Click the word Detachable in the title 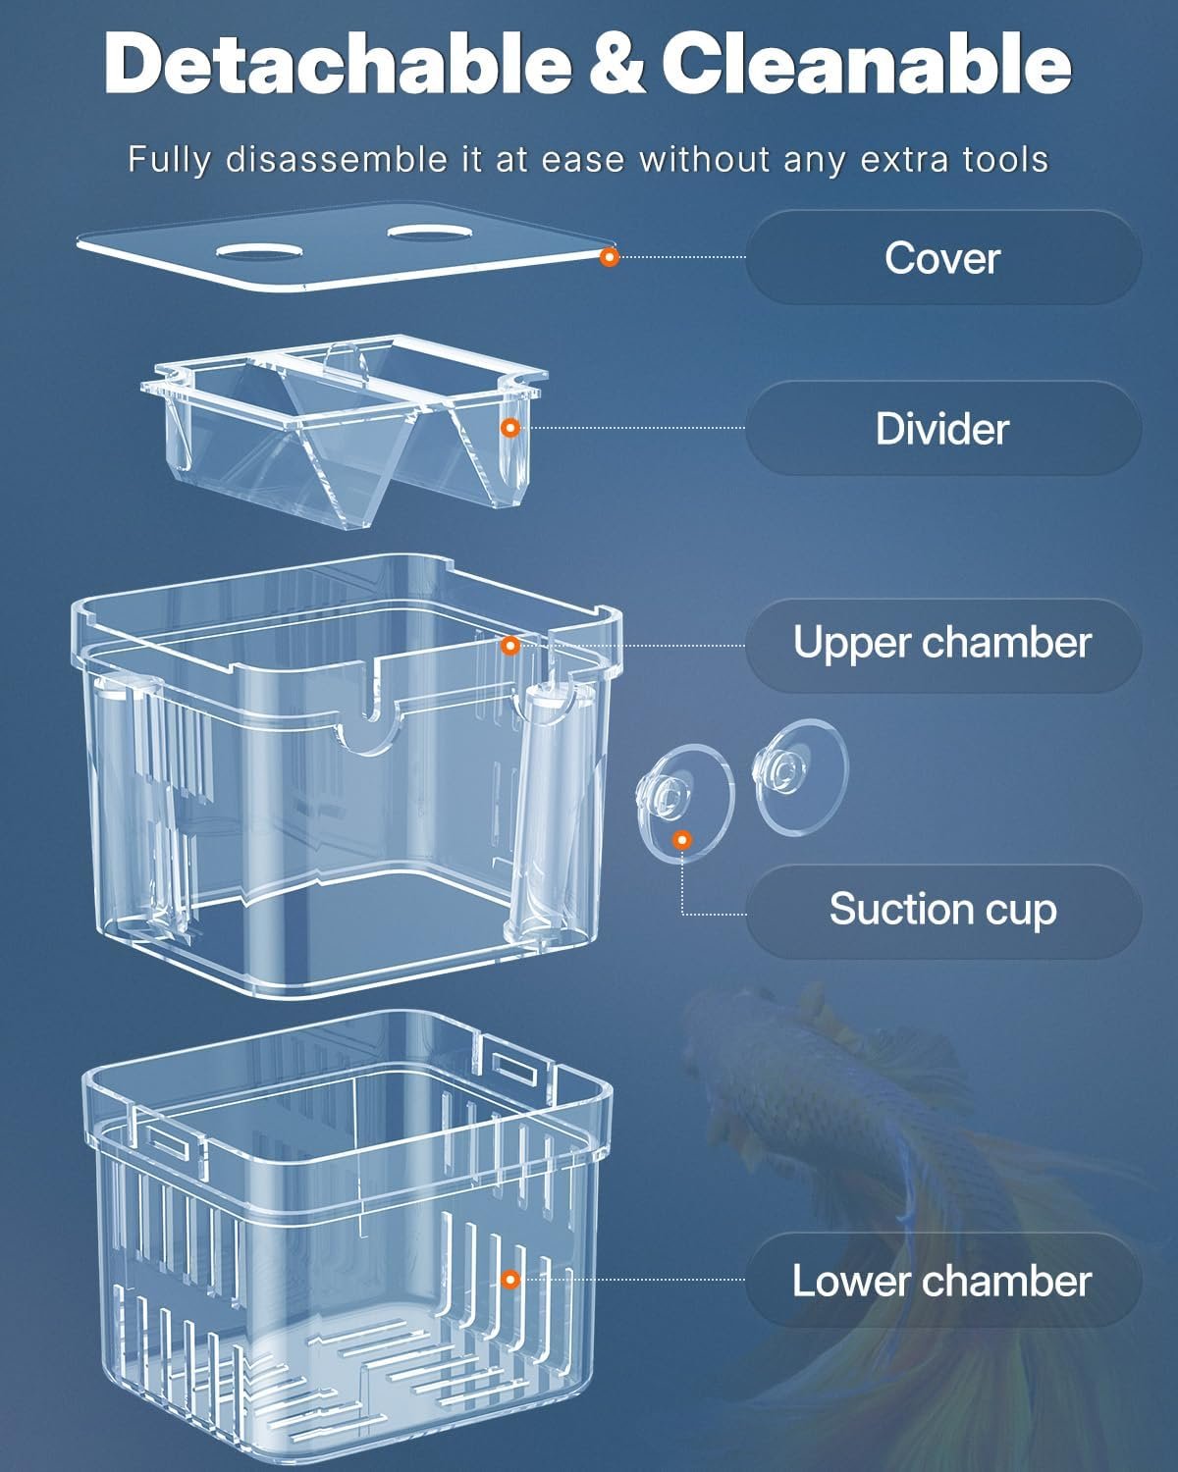[338, 63]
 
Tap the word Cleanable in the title [866, 63]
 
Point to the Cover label [942, 258]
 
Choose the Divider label [942, 429]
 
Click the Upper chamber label [942, 643]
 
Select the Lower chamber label [942, 1282]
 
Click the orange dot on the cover [610, 257]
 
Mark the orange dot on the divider [510, 428]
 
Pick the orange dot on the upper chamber [510, 645]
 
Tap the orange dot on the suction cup [681, 840]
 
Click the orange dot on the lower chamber [510, 1280]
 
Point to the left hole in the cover [259, 252]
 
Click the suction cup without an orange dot [800, 777]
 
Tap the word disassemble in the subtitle [336, 160]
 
